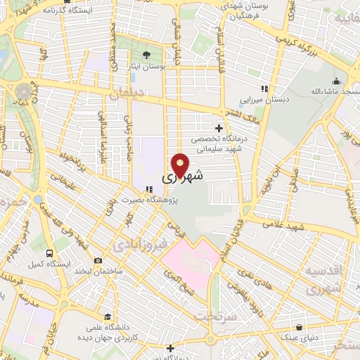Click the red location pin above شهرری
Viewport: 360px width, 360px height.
181,165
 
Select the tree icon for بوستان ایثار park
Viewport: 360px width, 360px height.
146,54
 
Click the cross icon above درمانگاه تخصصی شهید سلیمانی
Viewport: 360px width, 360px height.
219,128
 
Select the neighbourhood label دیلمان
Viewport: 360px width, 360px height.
127,93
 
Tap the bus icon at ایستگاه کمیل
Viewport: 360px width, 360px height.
49,252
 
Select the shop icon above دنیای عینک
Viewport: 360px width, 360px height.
300,327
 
